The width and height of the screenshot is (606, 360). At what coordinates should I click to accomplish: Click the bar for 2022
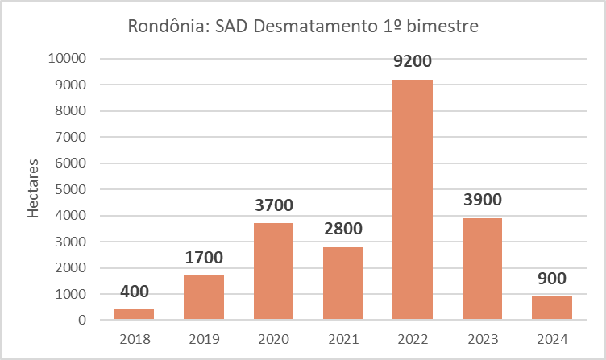(412, 200)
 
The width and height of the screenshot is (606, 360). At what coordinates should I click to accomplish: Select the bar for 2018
(134, 314)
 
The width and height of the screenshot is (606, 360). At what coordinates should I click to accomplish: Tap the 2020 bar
(273, 271)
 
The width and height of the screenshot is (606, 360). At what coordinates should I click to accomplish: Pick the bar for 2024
(551, 308)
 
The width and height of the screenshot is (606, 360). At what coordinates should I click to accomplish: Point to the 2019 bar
(203, 297)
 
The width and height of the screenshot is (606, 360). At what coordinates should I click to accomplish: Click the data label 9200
(412, 60)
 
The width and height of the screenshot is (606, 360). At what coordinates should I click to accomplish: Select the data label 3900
(482, 199)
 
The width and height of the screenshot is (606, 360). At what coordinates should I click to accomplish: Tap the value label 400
(134, 291)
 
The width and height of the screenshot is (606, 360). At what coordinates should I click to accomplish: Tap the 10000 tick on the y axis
(67, 59)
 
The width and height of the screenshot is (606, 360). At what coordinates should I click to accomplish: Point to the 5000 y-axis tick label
(71, 189)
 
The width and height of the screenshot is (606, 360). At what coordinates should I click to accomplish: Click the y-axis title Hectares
(34, 190)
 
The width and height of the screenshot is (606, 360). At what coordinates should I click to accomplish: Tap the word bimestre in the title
(442, 26)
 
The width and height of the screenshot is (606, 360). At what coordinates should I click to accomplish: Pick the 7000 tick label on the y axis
(71, 137)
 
